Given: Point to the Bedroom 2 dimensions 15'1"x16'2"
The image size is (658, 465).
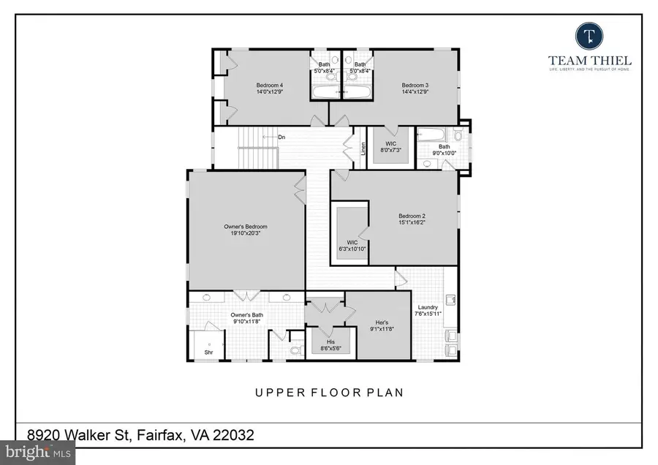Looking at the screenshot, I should tap(412, 223).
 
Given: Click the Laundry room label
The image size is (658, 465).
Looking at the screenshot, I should tap(428, 308).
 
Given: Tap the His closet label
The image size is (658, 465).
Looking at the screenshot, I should tap(330, 341).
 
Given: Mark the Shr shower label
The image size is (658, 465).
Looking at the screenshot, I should tap(209, 351).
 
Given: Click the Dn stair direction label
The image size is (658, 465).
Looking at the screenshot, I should tap(281, 137).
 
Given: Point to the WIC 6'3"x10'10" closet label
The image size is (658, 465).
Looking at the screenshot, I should tap(352, 245).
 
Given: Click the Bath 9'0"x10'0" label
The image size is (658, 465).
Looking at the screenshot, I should tap(444, 150).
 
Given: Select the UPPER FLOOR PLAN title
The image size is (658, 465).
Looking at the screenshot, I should tap(329, 393).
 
